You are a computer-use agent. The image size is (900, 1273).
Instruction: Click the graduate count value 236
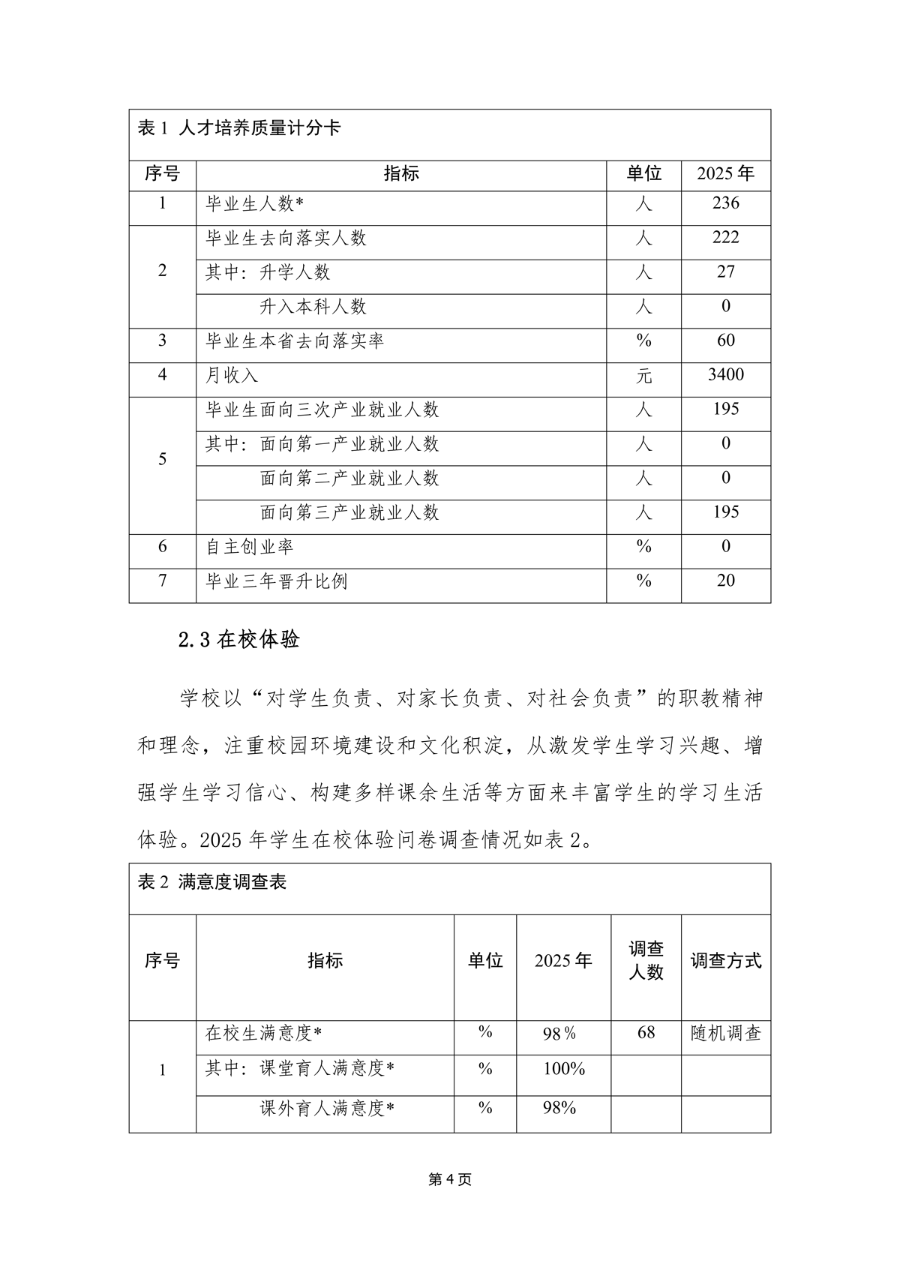[725, 203]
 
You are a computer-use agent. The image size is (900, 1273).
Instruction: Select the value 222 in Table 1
[725, 238]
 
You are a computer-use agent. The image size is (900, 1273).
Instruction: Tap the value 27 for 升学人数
[725, 272]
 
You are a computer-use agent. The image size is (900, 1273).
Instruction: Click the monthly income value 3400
[725, 374]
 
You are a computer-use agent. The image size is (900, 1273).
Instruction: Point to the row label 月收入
[232, 375]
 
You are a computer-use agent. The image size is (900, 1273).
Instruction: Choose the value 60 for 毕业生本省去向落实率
[725, 341]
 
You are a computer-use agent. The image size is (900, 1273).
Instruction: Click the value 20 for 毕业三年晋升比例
[725, 581]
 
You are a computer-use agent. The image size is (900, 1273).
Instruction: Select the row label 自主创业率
[250, 547]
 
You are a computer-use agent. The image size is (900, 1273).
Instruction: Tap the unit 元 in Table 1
[643, 375]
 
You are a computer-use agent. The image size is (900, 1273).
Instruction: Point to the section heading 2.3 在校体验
[239, 639]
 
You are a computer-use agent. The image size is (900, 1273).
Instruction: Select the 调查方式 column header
[725, 961]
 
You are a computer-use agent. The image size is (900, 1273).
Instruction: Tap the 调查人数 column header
[646, 961]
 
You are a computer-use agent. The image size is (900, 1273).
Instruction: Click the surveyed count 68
[646, 1033]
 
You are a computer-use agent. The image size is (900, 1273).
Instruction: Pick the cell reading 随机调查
[725, 1034]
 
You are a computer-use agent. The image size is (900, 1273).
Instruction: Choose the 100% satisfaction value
[563, 1069]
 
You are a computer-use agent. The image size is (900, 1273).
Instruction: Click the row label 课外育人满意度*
[327, 1108]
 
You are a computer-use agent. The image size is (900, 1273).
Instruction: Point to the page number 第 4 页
[449, 1180]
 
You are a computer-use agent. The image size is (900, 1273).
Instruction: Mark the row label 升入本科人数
[313, 306]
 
